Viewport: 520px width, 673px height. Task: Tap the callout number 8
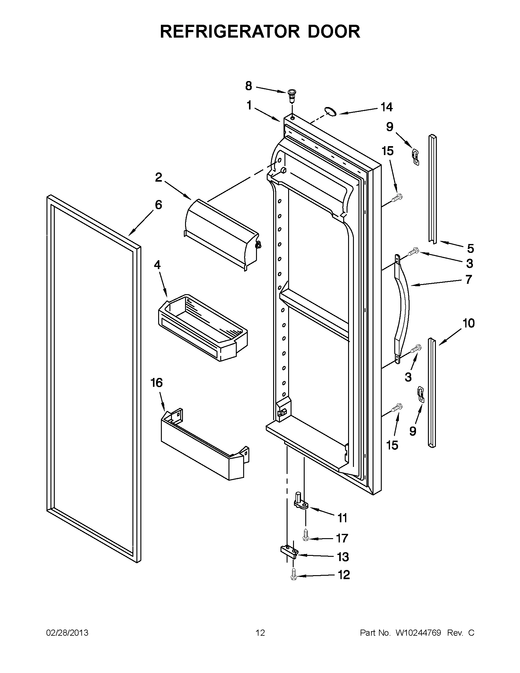(x=248, y=86)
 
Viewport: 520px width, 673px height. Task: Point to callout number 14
(x=386, y=107)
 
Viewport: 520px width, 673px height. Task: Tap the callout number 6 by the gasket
(x=158, y=205)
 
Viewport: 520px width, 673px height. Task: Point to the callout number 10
(x=468, y=323)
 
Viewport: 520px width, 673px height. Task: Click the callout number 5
(x=470, y=248)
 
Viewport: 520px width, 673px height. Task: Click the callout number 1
(x=249, y=106)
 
